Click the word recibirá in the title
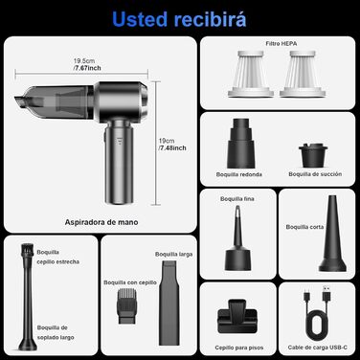click(210, 19)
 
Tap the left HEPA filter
click(251, 74)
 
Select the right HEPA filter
click(303, 74)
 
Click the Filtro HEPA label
click(281, 43)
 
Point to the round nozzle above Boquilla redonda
click(241, 143)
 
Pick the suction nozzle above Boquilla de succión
click(313, 156)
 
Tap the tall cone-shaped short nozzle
click(332, 234)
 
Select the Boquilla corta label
click(304, 227)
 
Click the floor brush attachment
click(237, 317)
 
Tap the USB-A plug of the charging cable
click(326, 294)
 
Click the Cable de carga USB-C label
click(318, 348)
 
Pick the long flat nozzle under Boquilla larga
click(169, 303)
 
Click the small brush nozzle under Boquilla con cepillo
click(127, 305)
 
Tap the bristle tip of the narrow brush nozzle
click(27, 250)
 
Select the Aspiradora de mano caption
click(101, 222)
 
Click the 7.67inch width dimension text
click(87, 68)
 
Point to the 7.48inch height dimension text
click(172, 147)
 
